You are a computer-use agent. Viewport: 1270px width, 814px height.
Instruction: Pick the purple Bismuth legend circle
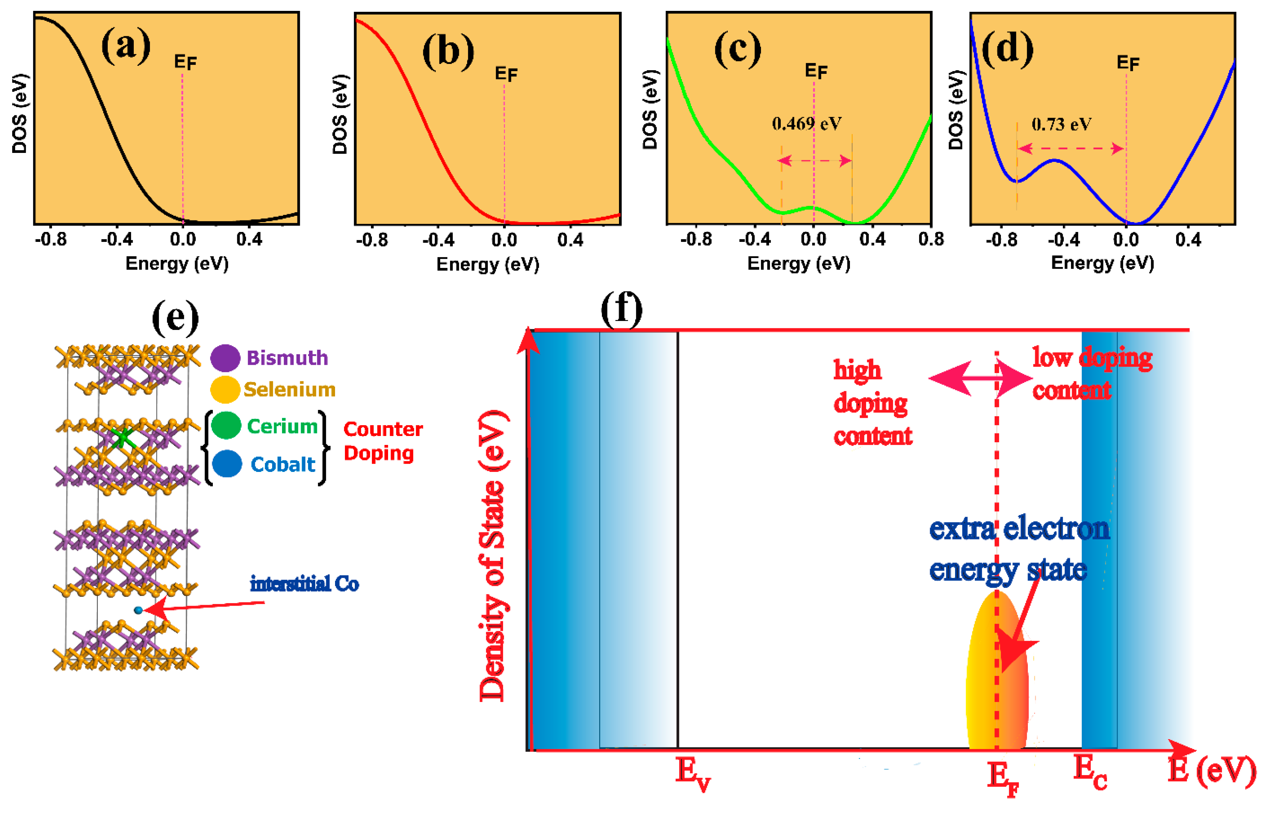point(225,358)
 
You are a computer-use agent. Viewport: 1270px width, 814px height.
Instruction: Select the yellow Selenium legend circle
point(225,390)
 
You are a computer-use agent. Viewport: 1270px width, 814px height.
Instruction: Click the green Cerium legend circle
point(226,425)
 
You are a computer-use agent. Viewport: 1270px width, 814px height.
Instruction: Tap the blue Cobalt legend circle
point(227,464)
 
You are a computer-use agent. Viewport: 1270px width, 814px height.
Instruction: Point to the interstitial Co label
point(304,584)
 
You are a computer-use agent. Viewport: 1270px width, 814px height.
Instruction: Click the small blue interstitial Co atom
point(138,610)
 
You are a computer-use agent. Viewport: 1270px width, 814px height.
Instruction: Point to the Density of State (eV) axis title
point(493,555)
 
